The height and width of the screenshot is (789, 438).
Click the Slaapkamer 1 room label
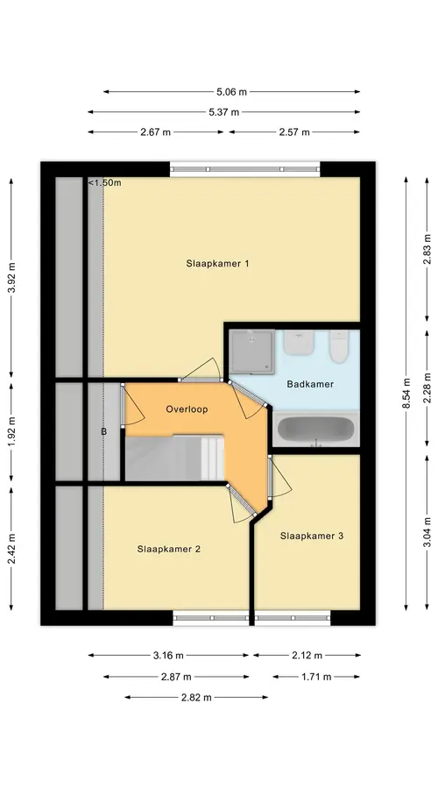[x=218, y=263]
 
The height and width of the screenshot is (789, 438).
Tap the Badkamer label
[x=310, y=384]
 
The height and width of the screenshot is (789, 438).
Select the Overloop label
[x=187, y=409]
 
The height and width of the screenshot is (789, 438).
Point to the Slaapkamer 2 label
[x=168, y=549]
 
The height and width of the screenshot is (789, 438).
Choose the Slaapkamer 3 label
[x=312, y=536]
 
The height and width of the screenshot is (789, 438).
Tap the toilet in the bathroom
[x=339, y=346]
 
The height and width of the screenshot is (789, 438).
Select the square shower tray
[x=252, y=352]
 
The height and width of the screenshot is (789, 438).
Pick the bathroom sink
[x=300, y=342]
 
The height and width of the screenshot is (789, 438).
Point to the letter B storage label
[x=104, y=431]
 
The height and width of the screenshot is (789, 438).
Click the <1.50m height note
[x=105, y=182]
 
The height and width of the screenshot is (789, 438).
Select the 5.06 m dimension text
[x=232, y=91]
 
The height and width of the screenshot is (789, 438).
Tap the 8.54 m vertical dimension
[x=406, y=394]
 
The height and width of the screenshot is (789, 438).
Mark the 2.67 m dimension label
[x=155, y=132]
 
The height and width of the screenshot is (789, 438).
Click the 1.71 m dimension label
[x=316, y=677]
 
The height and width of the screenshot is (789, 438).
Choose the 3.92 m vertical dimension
[x=11, y=276]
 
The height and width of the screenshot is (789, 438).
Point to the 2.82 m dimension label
[x=196, y=698]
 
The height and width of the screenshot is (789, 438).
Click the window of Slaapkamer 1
[x=245, y=169]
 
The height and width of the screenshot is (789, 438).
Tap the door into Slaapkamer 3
[x=270, y=477]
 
